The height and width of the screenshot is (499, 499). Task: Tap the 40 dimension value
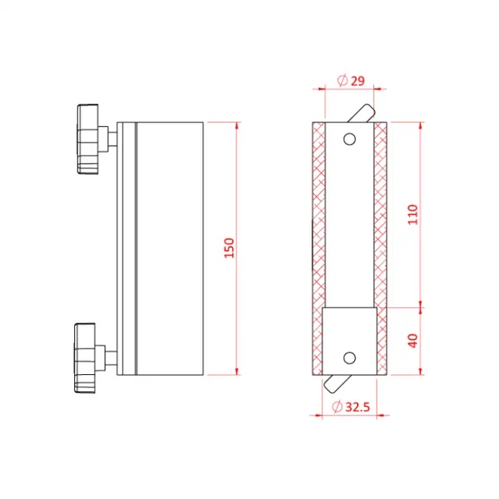click(x=413, y=341)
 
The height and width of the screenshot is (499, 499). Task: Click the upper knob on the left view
click(x=89, y=140)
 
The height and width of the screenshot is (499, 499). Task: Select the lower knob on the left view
click(x=88, y=357)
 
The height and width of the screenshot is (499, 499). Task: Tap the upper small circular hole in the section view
click(x=349, y=140)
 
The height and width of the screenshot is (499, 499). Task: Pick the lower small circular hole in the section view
click(x=349, y=357)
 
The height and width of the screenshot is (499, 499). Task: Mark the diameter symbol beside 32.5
click(x=336, y=406)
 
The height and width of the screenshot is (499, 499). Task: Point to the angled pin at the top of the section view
click(x=361, y=112)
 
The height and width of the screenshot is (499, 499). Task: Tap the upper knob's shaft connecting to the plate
click(x=111, y=140)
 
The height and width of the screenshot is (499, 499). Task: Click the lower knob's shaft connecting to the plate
click(x=111, y=357)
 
